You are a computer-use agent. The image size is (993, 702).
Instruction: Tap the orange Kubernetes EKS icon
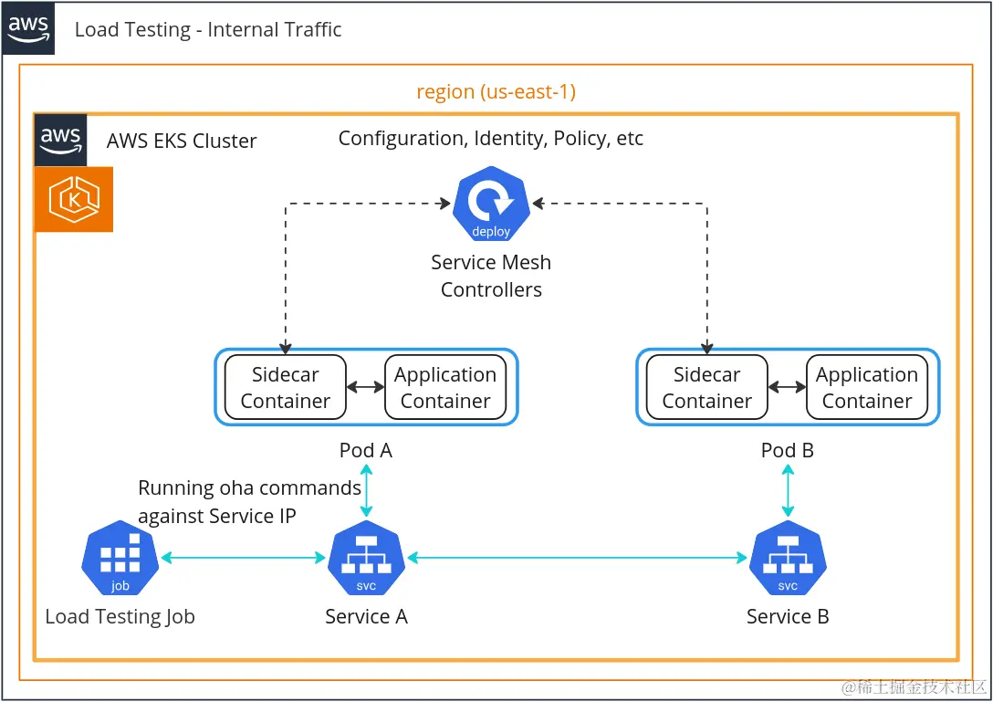pos(74,199)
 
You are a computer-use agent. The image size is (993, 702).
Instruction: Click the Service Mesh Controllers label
pos(491,276)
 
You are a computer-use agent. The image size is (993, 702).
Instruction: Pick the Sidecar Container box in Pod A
pos(286,387)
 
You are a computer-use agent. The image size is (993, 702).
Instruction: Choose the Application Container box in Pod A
pos(445,387)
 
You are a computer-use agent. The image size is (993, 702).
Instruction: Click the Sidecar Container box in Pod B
pos(707,387)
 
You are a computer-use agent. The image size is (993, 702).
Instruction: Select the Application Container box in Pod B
pos(867,387)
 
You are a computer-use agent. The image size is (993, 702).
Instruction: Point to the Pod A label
pos(366,450)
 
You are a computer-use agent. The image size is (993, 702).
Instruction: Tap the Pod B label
pos(788,450)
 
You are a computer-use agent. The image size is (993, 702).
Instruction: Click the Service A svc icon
pos(366,558)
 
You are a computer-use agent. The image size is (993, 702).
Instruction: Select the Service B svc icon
pos(788,558)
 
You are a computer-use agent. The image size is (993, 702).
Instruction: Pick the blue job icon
pos(120,558)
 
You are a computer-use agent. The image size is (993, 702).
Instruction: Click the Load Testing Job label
pos(120,617)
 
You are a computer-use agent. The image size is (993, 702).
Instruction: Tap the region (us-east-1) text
pos(496,92)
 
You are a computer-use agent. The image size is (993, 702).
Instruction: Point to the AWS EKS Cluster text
pos(182,141)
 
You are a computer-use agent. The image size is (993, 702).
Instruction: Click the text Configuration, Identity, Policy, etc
pos(491,139)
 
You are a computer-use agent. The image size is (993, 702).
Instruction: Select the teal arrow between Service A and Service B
pos(577,557)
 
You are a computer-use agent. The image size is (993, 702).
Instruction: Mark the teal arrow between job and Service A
pos(243,557)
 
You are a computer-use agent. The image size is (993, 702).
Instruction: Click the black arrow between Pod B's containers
pos(787,387)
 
